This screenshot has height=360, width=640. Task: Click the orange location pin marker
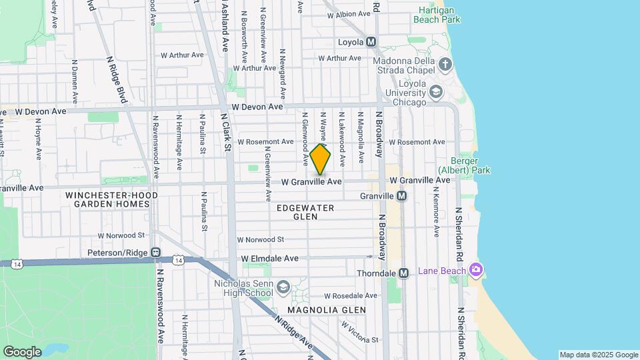[321, 159]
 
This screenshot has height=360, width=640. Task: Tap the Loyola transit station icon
[371, 42]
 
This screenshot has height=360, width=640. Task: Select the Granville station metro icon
[401, 196]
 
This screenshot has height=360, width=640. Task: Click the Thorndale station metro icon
[403, 273]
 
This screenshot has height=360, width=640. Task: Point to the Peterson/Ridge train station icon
[155, 253]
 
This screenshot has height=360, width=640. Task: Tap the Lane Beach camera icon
[475, 270]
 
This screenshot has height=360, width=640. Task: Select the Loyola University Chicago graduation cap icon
[436, 91]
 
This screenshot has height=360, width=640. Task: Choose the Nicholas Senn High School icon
[283, 287]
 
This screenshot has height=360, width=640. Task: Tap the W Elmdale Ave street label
[270, 258]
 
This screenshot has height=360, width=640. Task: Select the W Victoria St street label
[359, 333]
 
